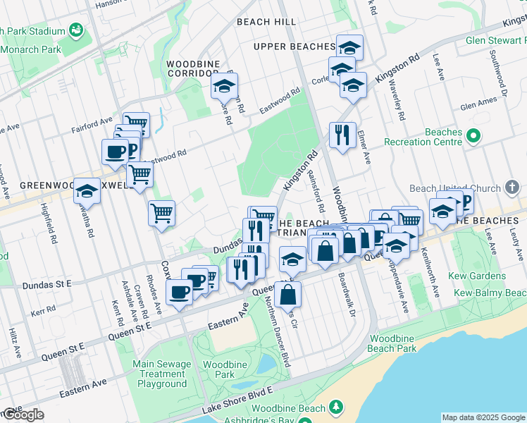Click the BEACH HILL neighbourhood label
(x=266, y=22)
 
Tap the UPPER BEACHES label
(x=294, y=47)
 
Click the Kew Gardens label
(x=480, y=276)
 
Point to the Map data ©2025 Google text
(x=483, y=417)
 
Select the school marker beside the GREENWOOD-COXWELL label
(x=87, y=190)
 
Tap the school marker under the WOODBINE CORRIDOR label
(x=225, y=87)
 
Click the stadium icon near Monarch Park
(x=76, y=30)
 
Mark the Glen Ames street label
(x=478, y=105)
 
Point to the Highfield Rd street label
(x=52, y=225)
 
